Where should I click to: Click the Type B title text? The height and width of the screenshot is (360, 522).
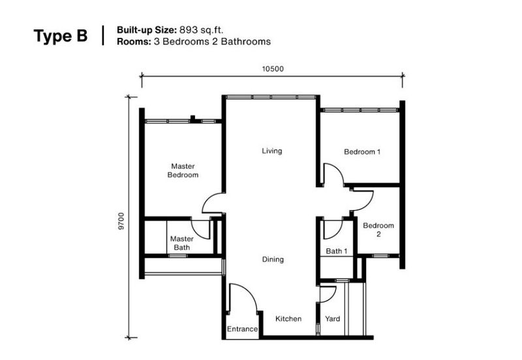[x=60, y=36]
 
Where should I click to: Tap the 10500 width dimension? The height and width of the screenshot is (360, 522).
[x=272, y=68]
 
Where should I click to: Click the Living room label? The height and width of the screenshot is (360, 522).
[x=272, y=151]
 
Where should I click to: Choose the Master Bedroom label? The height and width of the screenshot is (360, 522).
[x=183, y=170]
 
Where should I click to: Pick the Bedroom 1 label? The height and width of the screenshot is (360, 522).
[x=361, y=152]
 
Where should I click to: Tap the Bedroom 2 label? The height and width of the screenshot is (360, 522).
[x=378, y=230]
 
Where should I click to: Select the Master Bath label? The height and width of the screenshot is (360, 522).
[x=182, y=243]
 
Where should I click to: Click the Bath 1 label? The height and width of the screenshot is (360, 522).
[x=336, y=251]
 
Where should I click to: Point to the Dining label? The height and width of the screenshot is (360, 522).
[x=273, y=260]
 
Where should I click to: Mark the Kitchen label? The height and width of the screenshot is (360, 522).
[x=288, y=319]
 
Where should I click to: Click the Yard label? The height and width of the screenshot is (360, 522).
[x=333, y=319]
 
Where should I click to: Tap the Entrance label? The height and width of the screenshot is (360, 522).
[x=242, y=329]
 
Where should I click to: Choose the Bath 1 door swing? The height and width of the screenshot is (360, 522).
[x=331, y=229]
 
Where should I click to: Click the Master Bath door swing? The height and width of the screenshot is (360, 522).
[x=200, y=228]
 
